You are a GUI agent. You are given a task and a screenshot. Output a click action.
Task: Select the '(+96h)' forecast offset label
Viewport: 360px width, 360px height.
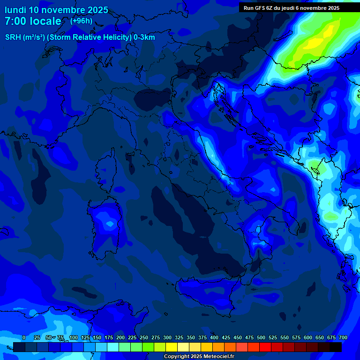pyautogui.click(x=81, y=21)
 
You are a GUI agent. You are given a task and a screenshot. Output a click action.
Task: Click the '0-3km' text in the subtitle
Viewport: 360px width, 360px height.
pyautogui.click(x=144, y=37)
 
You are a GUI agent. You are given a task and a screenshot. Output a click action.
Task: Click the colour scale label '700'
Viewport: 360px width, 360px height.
pyautogui.click(x=343, y=337)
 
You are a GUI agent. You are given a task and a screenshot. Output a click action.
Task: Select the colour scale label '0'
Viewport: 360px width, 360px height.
pyautogui.click(x=24, y=337)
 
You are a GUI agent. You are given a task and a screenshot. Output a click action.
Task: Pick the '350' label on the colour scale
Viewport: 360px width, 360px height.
pyautogui.click(x=191, y=337)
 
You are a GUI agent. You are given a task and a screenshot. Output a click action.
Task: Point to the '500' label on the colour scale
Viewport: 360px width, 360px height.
pyautogui.click(x=261, y=337)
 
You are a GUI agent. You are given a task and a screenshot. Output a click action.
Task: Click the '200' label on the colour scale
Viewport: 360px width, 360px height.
pyautogui.click(x=120, y=337)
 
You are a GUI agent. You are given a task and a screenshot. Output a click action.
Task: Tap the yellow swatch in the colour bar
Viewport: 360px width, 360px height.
pyautogui.click(x=172, y=347)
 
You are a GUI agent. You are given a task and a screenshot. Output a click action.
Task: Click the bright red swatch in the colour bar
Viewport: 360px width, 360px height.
pyautogui.click(x=265, y=347)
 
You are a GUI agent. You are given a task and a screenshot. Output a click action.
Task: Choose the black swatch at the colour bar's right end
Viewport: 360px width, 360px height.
pyautogui.click(x=336, y=347)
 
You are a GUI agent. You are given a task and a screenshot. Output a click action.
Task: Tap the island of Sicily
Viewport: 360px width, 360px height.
pyautogui.click(x=206, y=293)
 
